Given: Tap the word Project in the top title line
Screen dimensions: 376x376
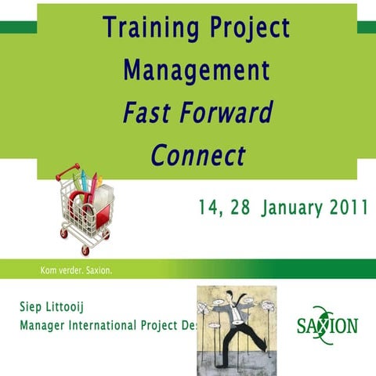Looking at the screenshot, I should click(248, 29).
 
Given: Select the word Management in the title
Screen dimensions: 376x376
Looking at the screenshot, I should click(197, 70).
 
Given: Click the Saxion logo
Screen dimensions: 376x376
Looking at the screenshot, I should click(327, 322).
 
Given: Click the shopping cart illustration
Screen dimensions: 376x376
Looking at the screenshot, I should click(85, 208).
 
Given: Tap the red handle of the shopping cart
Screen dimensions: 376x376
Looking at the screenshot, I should click(68, 170).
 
